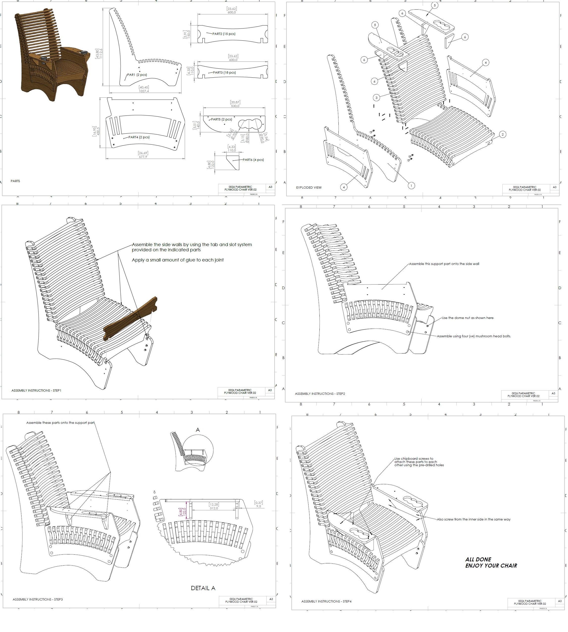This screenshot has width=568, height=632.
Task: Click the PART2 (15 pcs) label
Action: pos(224,34)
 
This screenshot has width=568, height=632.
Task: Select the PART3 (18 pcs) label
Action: pos(224,72)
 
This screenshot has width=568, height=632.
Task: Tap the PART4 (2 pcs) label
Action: pos(139,137)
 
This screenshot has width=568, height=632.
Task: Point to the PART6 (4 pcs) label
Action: pos(253,160)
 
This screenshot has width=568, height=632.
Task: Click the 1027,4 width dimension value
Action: pos(144,91)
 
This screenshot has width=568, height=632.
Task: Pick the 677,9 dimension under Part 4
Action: pos(143,157)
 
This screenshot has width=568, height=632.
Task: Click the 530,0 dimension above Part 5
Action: pos(235,106)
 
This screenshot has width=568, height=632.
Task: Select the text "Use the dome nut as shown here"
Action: pos(468,318)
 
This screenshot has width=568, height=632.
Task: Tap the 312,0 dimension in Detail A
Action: pos(214,508)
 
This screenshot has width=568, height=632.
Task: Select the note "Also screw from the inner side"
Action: pos(474,519)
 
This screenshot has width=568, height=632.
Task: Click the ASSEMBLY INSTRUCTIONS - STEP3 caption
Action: pos(38,600)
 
